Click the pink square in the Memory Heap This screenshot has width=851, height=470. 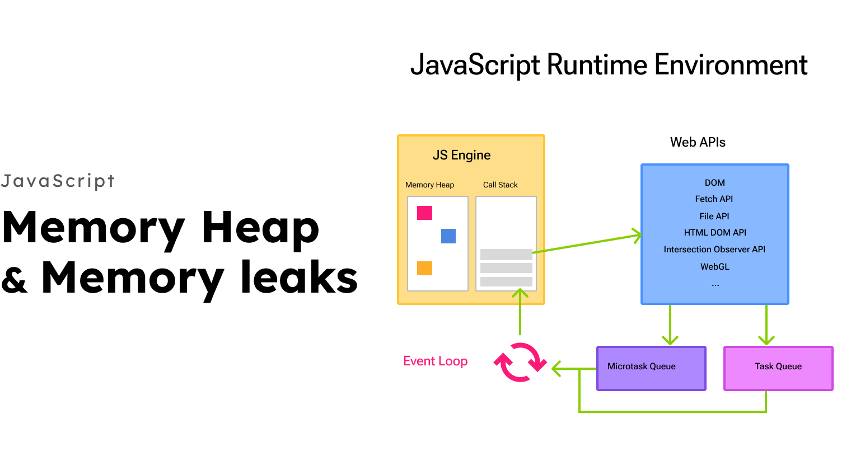tap(424, 213)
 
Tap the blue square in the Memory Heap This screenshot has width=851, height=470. tap(448, 236)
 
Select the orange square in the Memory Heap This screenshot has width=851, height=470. tap(424, 268)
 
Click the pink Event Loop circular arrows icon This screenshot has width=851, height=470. tap(520, 362)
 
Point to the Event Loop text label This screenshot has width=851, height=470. tap(435, 361)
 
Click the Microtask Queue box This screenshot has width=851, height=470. tap(651, 368)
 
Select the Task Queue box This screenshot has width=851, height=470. tap(778, 368)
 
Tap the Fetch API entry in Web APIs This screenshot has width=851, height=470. tap(714, 199)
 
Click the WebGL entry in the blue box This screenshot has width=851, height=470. tap(715, 267)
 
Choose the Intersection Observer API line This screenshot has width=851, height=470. tap(714, 250)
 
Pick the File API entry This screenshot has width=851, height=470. tap(714, 217)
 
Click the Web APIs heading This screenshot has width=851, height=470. tap(698, 143)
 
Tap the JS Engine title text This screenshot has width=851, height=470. tap(461, 156)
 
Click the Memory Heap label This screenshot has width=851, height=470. tap(429, 185)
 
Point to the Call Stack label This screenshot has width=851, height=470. tap(500, 185)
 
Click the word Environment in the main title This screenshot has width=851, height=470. tap(731, 65)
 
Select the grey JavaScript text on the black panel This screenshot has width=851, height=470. tap(58, 181)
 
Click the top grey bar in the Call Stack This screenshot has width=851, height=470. tap(506, 255)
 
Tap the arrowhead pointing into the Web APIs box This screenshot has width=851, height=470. tap(638, 235)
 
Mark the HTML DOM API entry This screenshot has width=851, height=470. tap(715, 233)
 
